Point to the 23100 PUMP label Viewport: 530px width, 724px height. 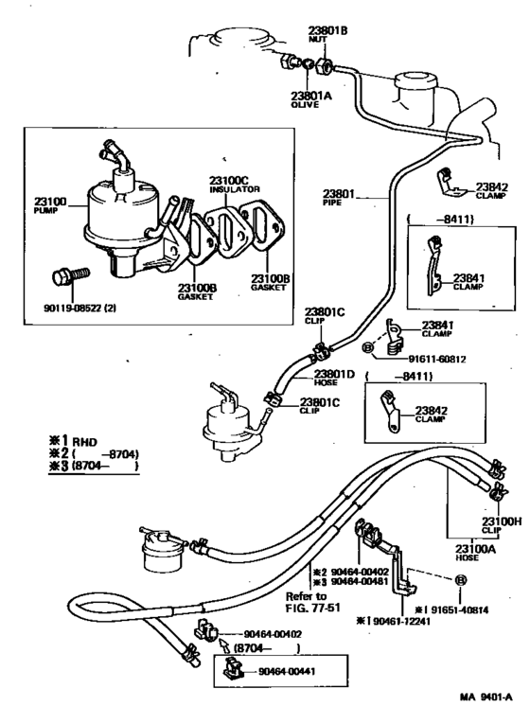[50, 205]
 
